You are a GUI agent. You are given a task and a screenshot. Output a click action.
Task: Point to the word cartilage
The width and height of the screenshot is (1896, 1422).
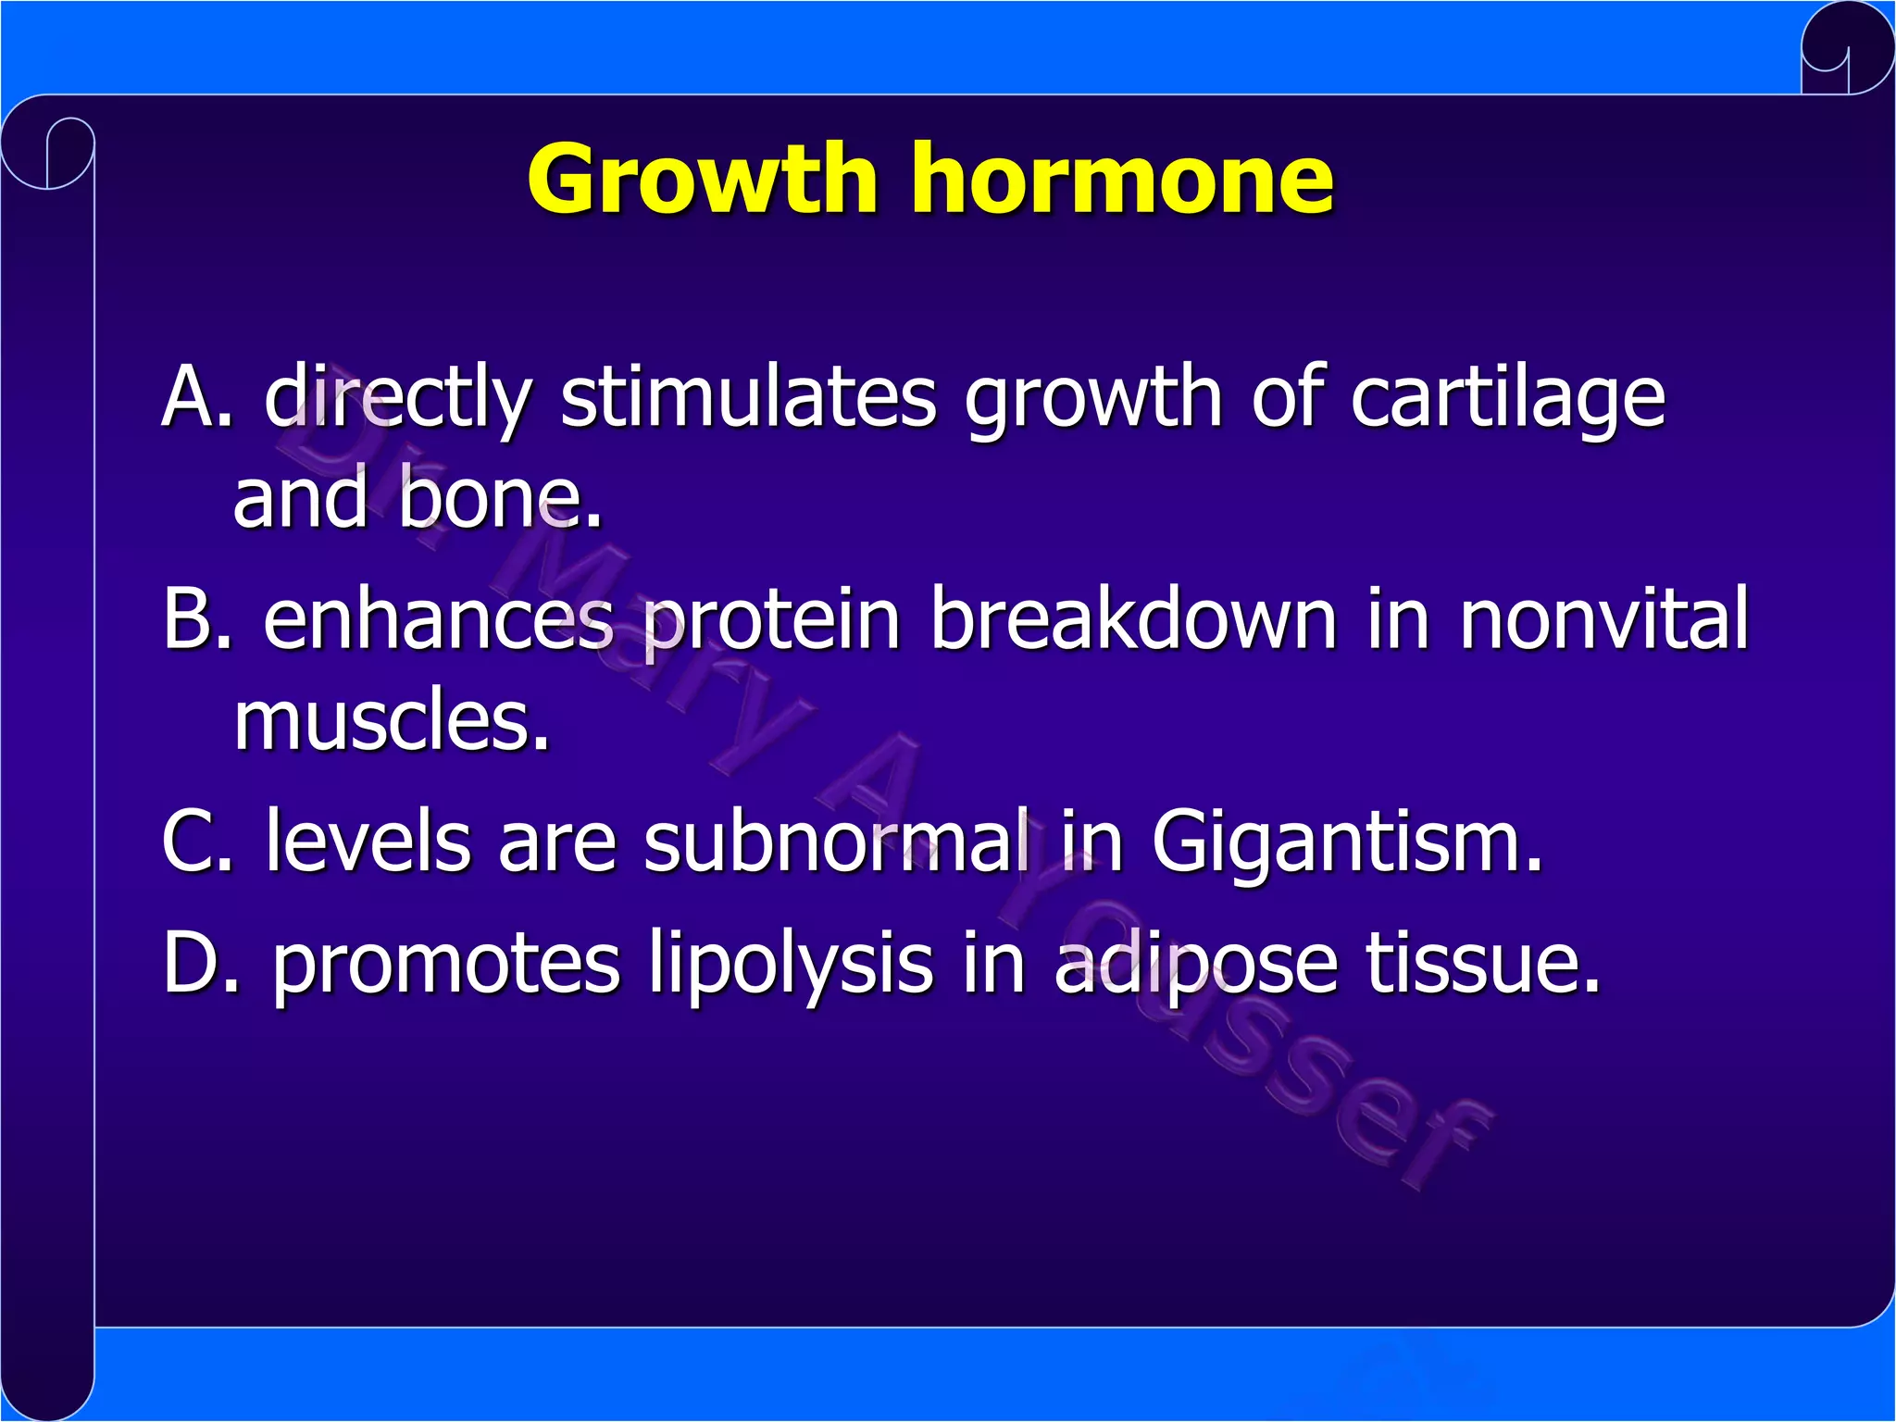1507,398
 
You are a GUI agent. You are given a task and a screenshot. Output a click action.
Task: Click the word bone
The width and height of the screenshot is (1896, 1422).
500,500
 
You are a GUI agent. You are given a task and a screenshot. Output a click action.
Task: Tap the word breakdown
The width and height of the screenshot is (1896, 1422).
1133,618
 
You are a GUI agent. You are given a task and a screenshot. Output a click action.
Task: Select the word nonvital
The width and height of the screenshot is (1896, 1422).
1603,618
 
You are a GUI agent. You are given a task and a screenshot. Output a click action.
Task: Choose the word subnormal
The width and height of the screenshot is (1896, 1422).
836,841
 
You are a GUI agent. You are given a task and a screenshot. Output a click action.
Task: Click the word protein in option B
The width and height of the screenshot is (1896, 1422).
770,618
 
